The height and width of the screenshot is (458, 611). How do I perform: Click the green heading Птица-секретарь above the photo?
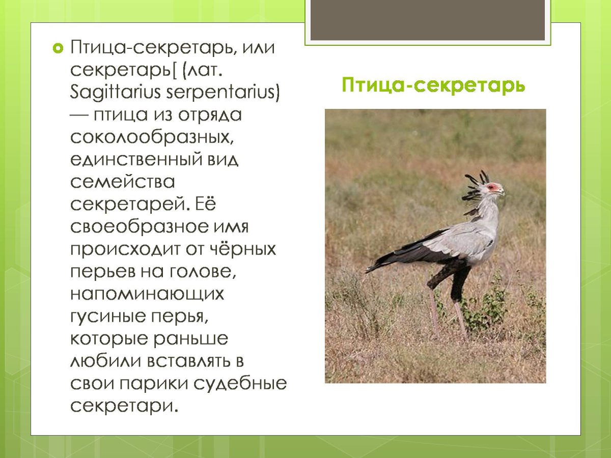pos(433,85)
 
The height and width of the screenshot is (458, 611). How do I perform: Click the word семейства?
pos(122,181)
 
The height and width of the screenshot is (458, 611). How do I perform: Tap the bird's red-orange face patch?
pos(492,188)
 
